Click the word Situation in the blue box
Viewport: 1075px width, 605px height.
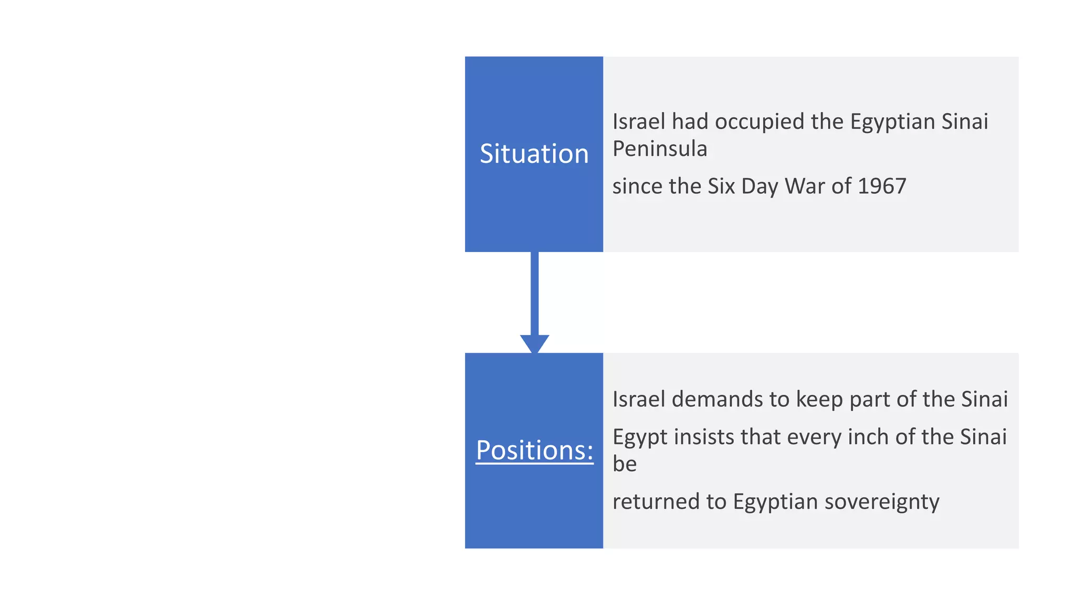[x=534, y=154]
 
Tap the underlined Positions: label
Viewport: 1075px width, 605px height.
[x=534, y=450]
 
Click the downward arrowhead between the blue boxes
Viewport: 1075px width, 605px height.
[x=534, y=343]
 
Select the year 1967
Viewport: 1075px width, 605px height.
[x=882, y=186]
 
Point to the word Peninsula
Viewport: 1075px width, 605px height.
[x=660, y=149]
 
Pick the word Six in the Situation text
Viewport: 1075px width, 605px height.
[x=721, y=186]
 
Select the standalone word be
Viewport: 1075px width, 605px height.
[x=625, y=464]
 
